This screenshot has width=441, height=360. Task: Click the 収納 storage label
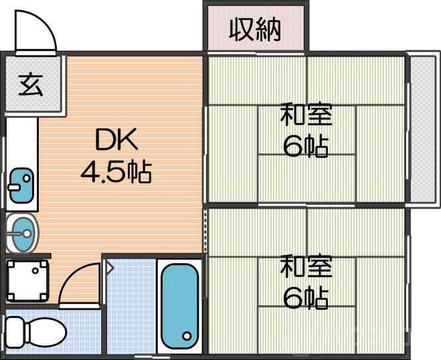pyautogui.click(x=255, y=29)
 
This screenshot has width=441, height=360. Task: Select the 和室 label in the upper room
pyautogui.click(x=306, y=114)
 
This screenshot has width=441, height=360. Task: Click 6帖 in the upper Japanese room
pyautogui.click(x=305, y=145)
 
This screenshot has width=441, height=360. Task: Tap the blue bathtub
pyautogui.click(x=180, y=304)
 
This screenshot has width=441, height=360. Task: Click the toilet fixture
pyautogui.click(x=33, y=330)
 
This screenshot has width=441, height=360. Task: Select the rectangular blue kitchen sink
pyautogui.click(x=21, y=184)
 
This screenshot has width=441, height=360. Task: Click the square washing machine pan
pyautogui.click(x=27, y=279)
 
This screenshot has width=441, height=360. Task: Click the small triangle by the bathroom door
pyautogui.click(x=109, y=268)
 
